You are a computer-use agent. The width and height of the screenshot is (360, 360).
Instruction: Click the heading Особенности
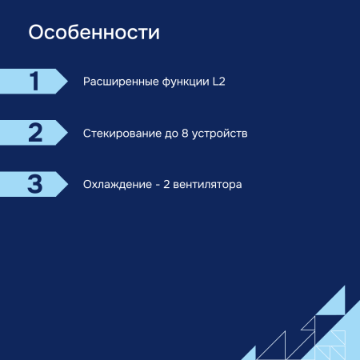coord(94,34)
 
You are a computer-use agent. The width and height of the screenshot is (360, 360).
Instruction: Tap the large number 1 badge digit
coord(34,82)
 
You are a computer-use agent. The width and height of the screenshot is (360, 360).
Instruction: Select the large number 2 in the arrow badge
coord(34,133)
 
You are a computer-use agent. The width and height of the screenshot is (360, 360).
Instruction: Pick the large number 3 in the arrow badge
coord(34,184)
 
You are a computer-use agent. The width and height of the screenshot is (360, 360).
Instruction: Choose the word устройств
coord(222,133)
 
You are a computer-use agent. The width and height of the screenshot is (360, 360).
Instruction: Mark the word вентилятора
coord(207,185)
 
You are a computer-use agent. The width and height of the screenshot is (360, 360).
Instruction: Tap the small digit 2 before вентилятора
coord(166,185)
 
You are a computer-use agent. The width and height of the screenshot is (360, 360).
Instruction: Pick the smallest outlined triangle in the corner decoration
coord(308,324)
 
